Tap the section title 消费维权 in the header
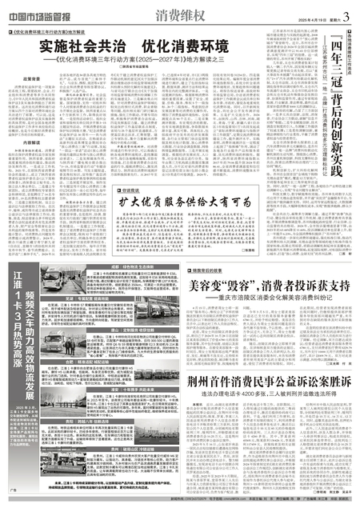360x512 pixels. pyautogui.click(x=156, y=13)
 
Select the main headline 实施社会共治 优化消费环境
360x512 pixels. pyautogui.click(x=121, y=46)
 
